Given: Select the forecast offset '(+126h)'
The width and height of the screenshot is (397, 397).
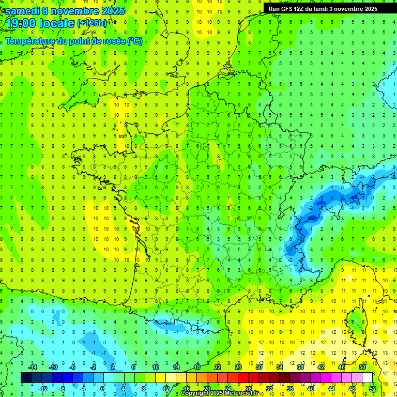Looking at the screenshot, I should point(91,23).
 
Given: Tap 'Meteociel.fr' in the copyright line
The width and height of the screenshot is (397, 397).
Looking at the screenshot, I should point(244,393).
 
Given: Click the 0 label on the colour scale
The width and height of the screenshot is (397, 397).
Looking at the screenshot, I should point(102,389).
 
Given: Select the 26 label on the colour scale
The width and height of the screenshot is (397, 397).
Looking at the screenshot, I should point(238,367).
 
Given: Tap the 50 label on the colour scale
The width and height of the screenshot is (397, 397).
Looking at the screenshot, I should point(362,367).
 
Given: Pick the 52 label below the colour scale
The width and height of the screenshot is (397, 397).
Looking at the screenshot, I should point(372,389).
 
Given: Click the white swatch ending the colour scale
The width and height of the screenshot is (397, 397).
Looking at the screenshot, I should point(367,378).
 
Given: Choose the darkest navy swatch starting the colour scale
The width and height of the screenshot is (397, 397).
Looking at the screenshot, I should point(26,378).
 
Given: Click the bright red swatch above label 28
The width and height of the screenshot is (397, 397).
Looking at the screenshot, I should point(248,378).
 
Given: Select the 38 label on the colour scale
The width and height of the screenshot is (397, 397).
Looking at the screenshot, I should point(300,367).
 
